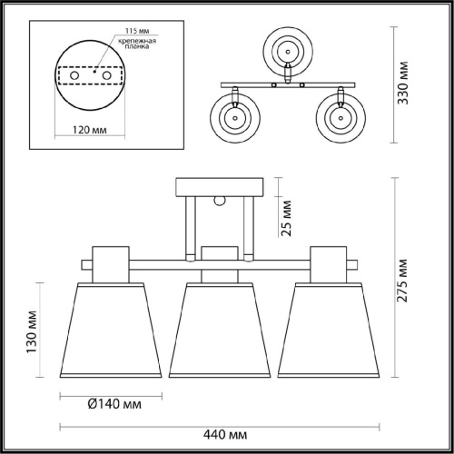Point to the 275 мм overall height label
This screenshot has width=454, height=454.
[410, 276]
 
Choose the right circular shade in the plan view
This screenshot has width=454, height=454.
[340, 116]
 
